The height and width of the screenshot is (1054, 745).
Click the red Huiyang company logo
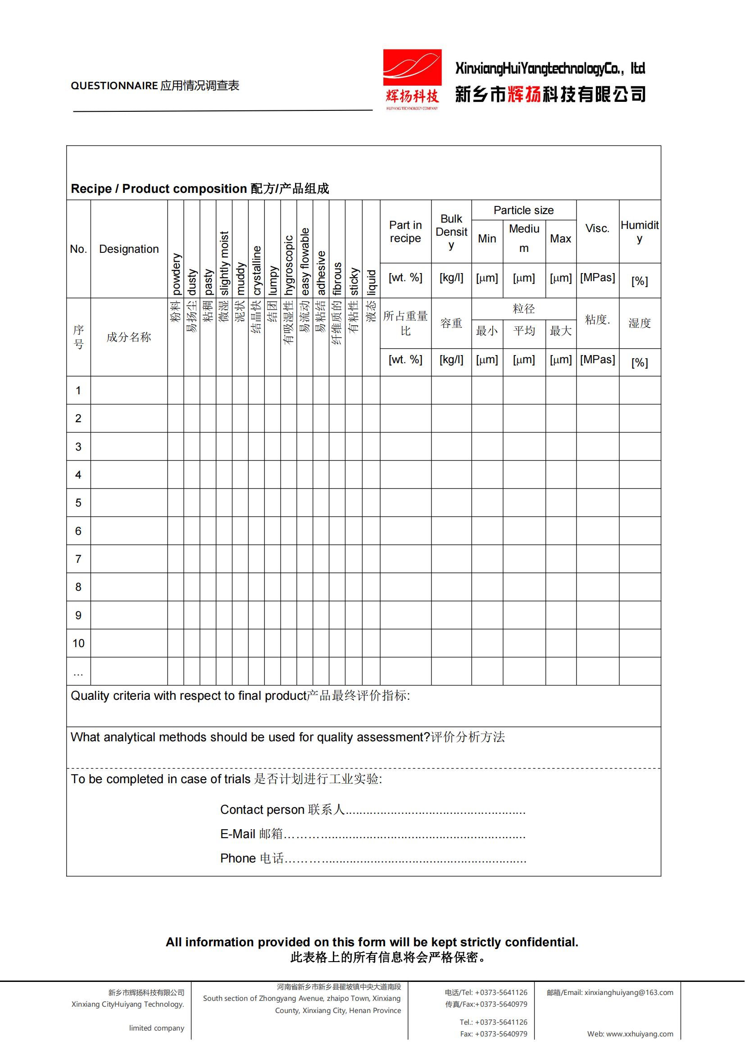click(x=412, y=79)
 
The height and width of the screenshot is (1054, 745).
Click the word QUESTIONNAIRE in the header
click(x=114, y=86)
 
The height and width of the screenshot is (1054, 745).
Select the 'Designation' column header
click(x=129, y=249)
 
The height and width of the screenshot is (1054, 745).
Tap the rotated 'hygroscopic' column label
click(x=289, y=265)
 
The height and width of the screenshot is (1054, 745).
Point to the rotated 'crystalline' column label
click(x=256, y=270)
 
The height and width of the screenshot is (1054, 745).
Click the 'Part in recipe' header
click(x=405, y=232)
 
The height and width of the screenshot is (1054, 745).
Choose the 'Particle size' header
click(x=523, y=210)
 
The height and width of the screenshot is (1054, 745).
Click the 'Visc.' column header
click(x=597, y=228)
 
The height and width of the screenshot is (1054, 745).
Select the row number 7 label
click(x=78, y=559)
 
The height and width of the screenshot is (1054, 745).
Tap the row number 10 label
click(x=78, y=643)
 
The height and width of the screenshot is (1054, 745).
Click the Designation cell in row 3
click(x=129, y=447)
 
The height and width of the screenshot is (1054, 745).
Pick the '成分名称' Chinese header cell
click(x=129, y=338)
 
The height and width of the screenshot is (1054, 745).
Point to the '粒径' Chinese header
click(x=523, y=309)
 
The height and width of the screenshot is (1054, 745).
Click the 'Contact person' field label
click(x=262, y=809)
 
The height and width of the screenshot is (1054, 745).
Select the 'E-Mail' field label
click(x=238, y=834)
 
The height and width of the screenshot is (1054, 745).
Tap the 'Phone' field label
click(x=238, y=858)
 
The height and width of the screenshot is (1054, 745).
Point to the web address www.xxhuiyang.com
click(x=640, y=1034)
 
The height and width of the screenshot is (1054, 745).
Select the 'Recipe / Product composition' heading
click(x=159, y=189)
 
